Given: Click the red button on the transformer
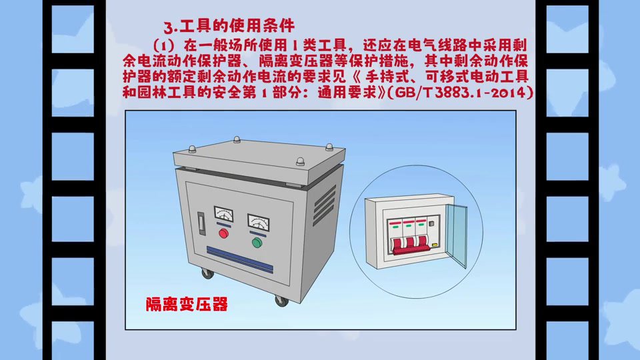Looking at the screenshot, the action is [223, 233].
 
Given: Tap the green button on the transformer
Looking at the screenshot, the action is [257, 243].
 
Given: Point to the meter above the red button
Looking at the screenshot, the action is [224, 214].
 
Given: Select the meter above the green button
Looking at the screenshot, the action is [259, 223].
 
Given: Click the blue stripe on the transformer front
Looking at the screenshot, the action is [239, 259].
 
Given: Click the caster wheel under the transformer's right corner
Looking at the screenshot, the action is [281, 301].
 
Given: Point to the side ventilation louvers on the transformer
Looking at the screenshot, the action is [325, 205].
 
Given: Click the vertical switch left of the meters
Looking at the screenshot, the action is [201, 223].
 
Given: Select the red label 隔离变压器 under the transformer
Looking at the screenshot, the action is [187, 304].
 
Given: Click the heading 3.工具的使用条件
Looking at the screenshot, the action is [229, 26].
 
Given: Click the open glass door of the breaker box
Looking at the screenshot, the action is [456, 235].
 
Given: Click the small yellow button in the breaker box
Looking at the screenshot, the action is [435, 245].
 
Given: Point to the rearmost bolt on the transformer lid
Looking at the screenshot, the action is [237, 139].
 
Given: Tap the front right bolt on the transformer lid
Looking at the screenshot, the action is [300, 161].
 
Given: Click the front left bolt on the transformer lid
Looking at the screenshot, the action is [192, 149].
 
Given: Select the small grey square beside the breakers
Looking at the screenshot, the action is [431, 224].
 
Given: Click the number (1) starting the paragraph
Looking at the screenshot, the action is [164, 44].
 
